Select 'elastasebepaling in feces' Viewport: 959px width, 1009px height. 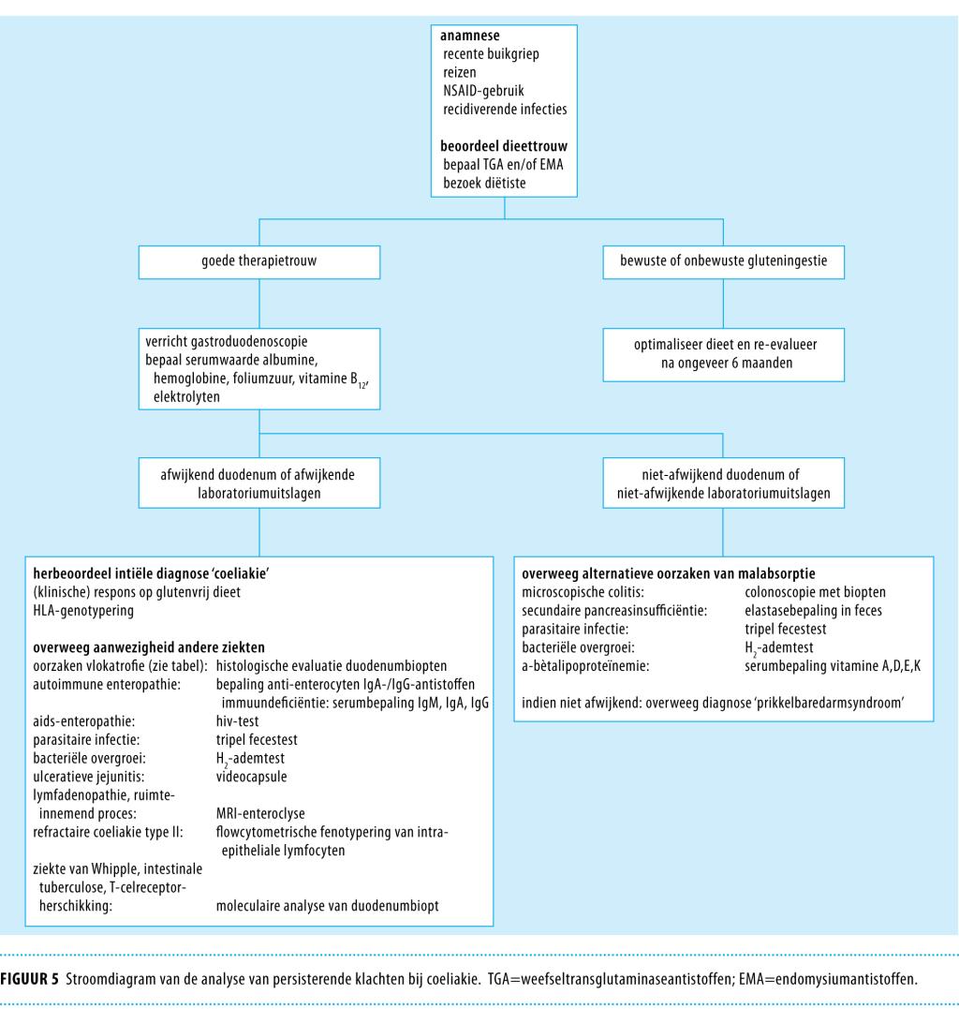[815, 610]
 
